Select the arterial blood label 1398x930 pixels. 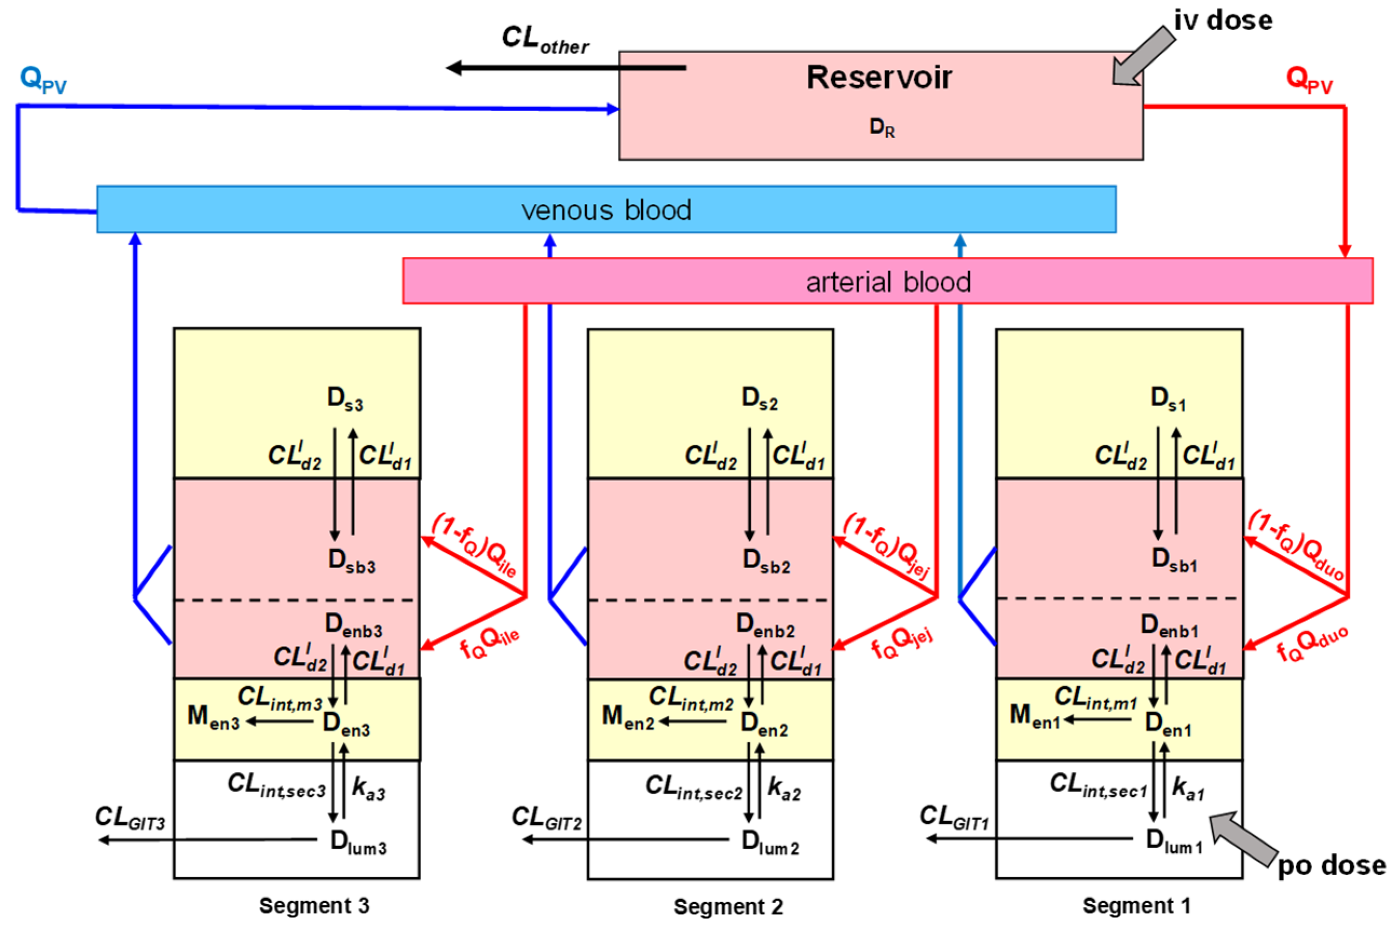click(888, 282)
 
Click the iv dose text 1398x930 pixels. click(1223, 20)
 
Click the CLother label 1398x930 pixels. click(544, 40)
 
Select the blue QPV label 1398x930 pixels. click(43, 79)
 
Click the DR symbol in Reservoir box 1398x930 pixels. click(882, 127)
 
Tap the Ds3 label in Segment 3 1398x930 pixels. click(345, 399)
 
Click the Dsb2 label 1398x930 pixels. click(766, 560)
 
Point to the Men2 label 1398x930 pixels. click(627, 717)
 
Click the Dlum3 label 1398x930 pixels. click(358, 842)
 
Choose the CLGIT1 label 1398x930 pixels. click(954, 817)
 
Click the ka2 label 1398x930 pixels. click(784, 789)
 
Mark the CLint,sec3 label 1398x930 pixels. click(276, 785)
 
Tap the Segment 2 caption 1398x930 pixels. click(728, 906)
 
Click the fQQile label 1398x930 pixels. click(489, 642)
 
